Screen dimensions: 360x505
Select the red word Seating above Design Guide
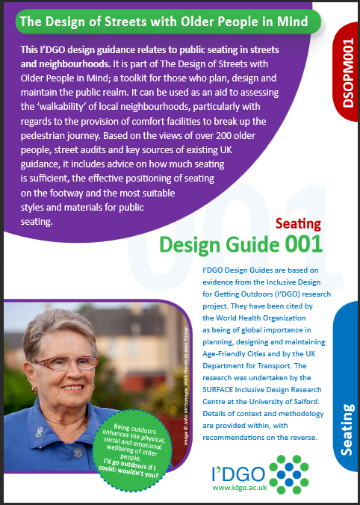298,223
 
